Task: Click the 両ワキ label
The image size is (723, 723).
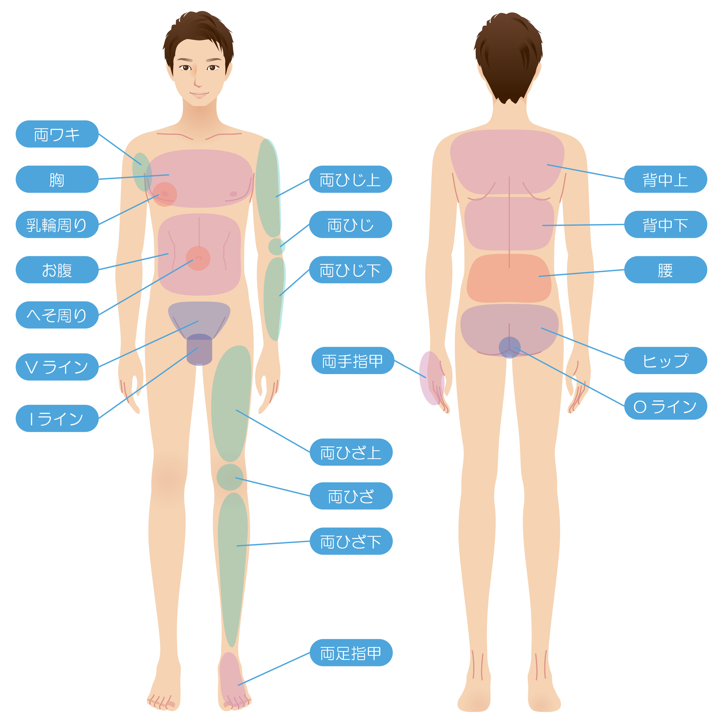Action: [x=57, y=134]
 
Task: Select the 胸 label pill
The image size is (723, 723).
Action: [x=57, y=179]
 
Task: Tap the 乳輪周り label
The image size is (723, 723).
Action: [x=57, y=224]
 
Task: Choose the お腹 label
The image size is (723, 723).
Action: [x=57, y=270]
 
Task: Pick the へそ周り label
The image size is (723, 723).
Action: [x=57, y=315]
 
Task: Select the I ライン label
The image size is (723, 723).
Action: [x=57, y=419]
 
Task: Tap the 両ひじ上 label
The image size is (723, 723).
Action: [x=351, y=179]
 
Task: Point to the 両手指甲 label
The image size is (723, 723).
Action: [x=353, y=361]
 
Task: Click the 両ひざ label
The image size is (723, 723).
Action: [x=351, y=496]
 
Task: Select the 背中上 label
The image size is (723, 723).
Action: [x=666, y=179]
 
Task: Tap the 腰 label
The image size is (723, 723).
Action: [x=666, y=270]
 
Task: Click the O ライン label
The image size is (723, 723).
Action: [x=666, y=406]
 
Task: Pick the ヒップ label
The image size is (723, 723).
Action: [x=666, y=361]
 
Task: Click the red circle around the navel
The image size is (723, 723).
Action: [x=198, y=258]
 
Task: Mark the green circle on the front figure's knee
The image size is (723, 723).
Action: [x=230, y=478]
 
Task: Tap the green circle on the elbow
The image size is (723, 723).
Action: [x=277, y=247]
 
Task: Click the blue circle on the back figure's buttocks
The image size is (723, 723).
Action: [x=510, y=347]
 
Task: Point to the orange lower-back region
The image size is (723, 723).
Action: [x=509, y=278]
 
